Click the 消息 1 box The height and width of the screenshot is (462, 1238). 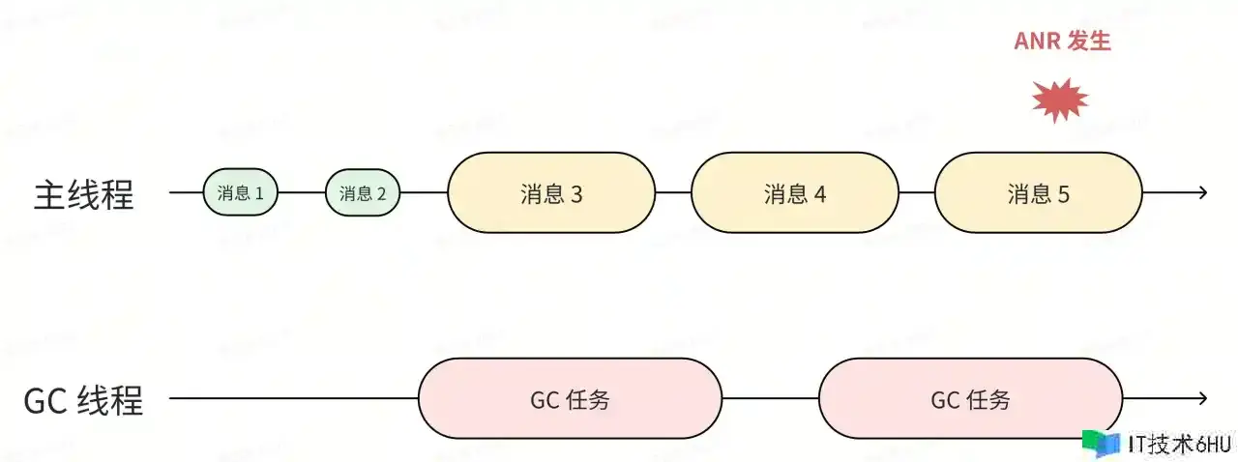[x=241, y=192]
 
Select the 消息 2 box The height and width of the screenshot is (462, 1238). [x=363, y=192]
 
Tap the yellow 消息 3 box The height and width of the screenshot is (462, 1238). [x=551, y=192]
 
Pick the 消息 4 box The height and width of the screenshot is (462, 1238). [x=795, y=192]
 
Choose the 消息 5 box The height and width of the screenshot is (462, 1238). [x=1039, y=192]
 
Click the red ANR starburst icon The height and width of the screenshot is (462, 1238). [x=1060, y=100]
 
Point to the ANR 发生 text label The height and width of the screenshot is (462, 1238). [x=1062, y=42]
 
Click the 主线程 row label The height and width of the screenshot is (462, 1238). [x=84, y=194]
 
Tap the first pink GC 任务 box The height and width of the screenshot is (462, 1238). [x=570, y=399]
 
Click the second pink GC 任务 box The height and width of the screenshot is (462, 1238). [x=970, y=399]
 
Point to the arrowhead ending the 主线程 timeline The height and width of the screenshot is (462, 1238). [x=1202, y=192]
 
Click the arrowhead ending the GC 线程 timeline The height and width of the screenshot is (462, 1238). [x=1202, y=398]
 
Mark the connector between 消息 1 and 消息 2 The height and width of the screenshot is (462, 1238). [x=302, y=192]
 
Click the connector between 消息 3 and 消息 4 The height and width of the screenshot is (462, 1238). [x=673, y=192]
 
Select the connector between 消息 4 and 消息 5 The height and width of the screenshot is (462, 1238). [x=917, y=192]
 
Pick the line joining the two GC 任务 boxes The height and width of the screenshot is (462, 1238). [x=771, y=398]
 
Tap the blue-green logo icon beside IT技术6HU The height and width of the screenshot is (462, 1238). [x=1103, y=443]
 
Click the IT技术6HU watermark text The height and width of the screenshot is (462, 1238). [x=1179, y=444]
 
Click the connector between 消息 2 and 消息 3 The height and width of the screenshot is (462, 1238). [x=424, y=192]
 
